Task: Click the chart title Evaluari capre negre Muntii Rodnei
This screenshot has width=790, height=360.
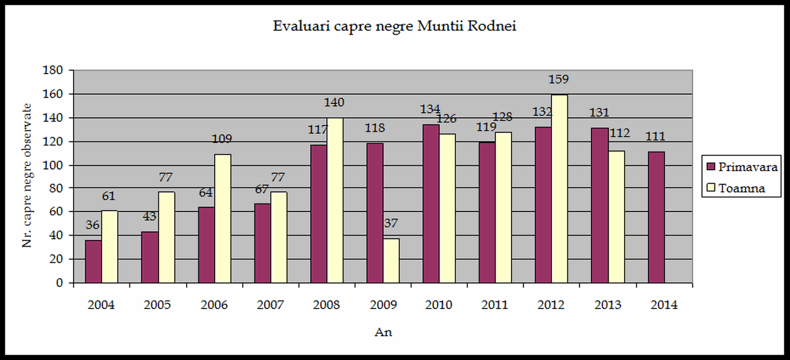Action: click(394, 26)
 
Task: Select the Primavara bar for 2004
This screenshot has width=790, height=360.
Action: click(93, 261)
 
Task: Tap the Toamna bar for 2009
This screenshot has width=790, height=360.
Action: click(391, 260)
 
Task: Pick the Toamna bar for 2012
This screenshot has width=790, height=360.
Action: click(559, 188)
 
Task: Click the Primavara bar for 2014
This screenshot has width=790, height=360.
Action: click(656, 217)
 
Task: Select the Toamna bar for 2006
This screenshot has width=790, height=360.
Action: click(223, 218)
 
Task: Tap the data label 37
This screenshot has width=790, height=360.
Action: click(391, 224)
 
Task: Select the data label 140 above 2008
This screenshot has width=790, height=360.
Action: click(334, 102)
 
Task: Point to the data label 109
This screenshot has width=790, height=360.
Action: click(222, 139)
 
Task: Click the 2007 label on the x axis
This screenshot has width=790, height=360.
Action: click(270, 305)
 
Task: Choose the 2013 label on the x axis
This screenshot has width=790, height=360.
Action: click(608, 305)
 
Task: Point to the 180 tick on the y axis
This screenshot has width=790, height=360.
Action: click(53, 70)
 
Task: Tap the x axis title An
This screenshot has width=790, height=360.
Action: click(383, 332)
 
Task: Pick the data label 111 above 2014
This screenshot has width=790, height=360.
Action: click(656, 137)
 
